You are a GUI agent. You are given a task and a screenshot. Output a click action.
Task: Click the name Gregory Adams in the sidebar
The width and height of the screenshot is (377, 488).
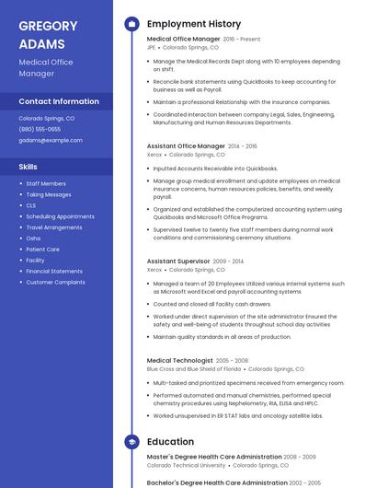tap(42, 35)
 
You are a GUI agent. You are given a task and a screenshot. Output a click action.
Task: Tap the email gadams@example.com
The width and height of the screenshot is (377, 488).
tap(51, 141)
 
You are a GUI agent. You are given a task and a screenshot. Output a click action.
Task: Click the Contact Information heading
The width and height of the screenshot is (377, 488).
tap(59, 101)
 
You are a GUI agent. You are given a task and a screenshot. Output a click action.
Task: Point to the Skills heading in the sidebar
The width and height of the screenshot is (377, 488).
tap(29, 167)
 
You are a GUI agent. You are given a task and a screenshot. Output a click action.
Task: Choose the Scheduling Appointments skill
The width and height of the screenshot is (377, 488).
tap(61, 216)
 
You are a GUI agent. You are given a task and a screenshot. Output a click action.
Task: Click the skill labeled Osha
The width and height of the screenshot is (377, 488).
tap(33, 238)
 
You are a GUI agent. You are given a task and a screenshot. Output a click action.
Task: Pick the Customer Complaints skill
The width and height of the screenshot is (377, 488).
tap(55, 282)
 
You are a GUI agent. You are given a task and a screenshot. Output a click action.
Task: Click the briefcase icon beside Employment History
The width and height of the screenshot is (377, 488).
tap(131, 24)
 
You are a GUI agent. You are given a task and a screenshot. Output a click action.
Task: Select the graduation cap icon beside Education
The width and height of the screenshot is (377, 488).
tap(131, 442)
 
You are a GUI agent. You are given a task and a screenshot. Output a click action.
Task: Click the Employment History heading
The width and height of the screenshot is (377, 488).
tap(193, 24)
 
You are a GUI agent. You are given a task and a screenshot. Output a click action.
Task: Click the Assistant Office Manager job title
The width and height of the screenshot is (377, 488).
tap(186, 145)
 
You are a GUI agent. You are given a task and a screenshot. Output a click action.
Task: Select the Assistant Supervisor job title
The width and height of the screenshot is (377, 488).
tap(178, 261)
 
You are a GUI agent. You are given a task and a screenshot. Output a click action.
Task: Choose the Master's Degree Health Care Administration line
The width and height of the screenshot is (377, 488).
tap(214, 457)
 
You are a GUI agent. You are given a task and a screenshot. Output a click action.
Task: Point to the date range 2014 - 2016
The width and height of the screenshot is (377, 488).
tap(243, 146)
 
